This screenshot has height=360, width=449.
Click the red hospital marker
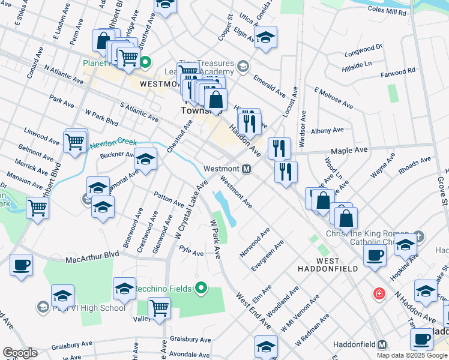tap(379, 293)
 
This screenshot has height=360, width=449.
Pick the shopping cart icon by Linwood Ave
tap(75, 142)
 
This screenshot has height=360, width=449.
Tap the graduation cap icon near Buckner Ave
tap(145, 160)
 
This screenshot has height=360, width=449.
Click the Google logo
tap(20, 353)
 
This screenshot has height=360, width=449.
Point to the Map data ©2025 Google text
tap(412, 355)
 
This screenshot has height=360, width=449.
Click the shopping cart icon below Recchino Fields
tap(159, 308)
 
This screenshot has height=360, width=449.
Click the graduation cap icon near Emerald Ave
tap(265, 38)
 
